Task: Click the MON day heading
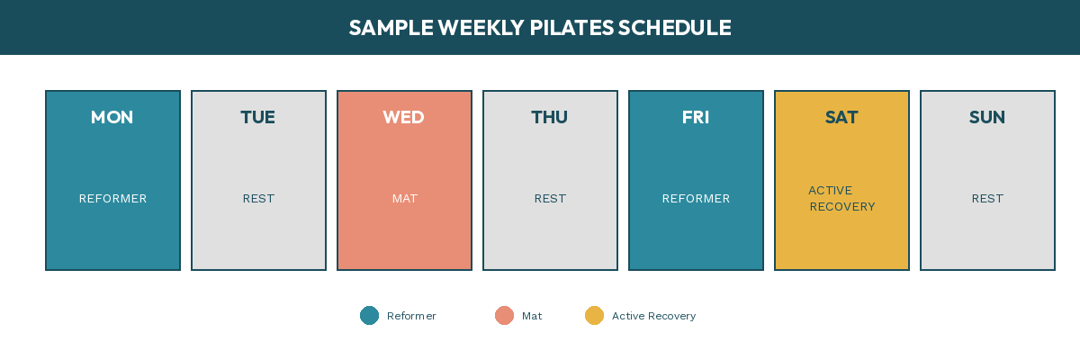point(112,118)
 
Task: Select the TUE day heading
point(258,118)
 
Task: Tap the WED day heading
point(403,118)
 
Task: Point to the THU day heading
point(550,118)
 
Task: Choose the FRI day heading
point(696,118)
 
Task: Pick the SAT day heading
point(841,118)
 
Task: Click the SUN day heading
point(987,118)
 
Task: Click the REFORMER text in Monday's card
point(112,199)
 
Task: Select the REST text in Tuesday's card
point(258,199)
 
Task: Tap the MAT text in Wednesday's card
point(405,199)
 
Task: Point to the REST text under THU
point(550,199)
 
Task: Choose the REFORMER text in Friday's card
point(696,199)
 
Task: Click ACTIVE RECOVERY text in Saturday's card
point(841,199)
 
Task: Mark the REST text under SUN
point(987,199)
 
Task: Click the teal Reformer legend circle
point(369,316)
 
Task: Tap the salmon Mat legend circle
point(504,316)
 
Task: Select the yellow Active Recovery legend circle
point(594,316)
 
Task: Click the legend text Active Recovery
point(653,316)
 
